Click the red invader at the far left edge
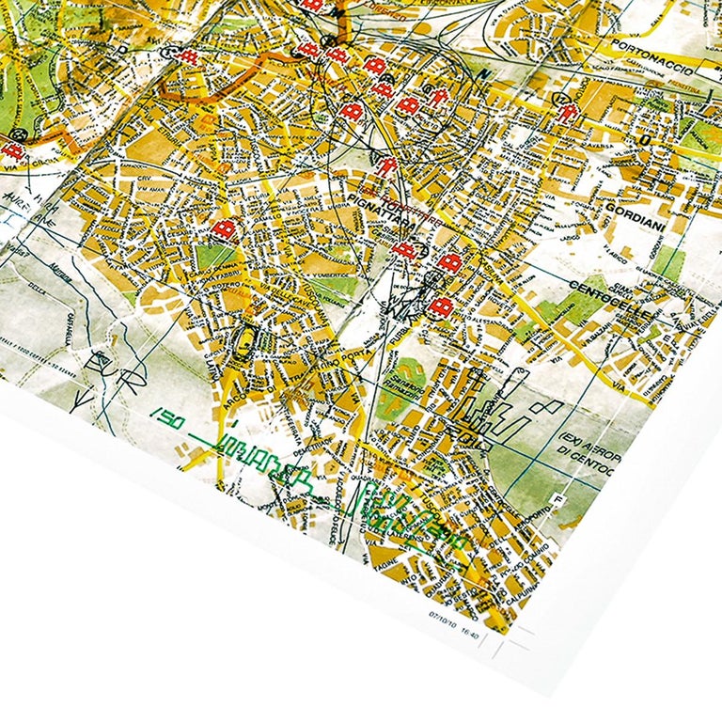click(x=11, y=149)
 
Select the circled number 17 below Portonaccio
click(x=561, y=97)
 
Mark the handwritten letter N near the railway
click(x=486, y=73)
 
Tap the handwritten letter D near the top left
click(x=121, y=47)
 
